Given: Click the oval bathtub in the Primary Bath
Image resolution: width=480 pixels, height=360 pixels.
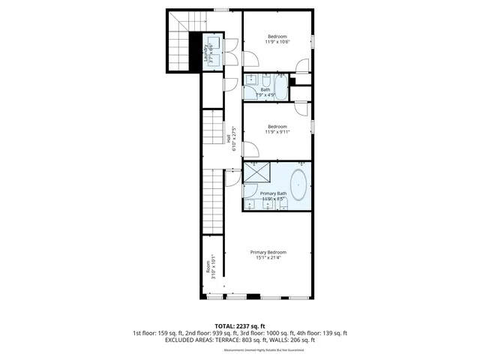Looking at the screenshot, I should coord(298,184).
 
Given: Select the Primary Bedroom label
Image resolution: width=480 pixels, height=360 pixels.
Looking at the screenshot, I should coord(268,252).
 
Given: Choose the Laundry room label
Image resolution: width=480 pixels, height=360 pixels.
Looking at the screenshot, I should coord(205,52).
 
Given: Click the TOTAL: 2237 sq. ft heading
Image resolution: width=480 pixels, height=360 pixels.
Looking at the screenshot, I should coord(240,325).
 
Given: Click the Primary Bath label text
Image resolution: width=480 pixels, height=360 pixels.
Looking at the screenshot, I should coord(273,193).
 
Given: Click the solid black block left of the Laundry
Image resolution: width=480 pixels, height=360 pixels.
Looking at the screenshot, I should coord(193,52).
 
